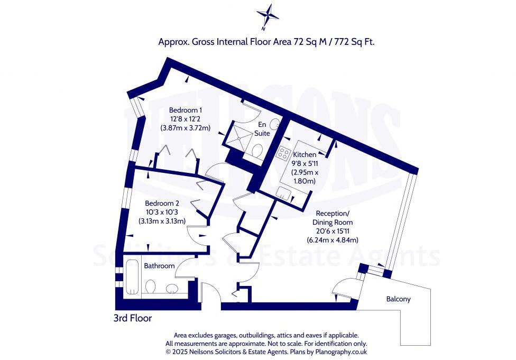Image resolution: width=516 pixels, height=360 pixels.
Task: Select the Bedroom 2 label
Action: pyautogui.click(x=162, y=204)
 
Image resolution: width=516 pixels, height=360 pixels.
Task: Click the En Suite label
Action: pyautogui.click(x=263, y=128)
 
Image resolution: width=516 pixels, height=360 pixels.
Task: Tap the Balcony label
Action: pyautogui.click(x=398, y=299)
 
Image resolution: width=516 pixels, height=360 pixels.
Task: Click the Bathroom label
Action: pyautogui.click(x=159, y=266)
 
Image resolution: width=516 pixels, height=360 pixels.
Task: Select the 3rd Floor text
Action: pyautogui.click(x=132, y=318)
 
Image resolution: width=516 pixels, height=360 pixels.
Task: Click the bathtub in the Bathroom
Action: pyautogui.click(x=133, y=278)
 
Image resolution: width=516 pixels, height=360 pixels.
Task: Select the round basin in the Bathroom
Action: pyautogui.click(x=172, y=289)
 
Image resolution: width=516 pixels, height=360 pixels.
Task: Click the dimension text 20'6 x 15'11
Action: pyautogui.click(x=333, y=231)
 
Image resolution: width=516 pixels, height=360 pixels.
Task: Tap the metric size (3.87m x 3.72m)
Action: pyautogui.click(x=186, y=128)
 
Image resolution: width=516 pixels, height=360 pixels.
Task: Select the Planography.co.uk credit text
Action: pyautogui.click(x=339, y=351)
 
